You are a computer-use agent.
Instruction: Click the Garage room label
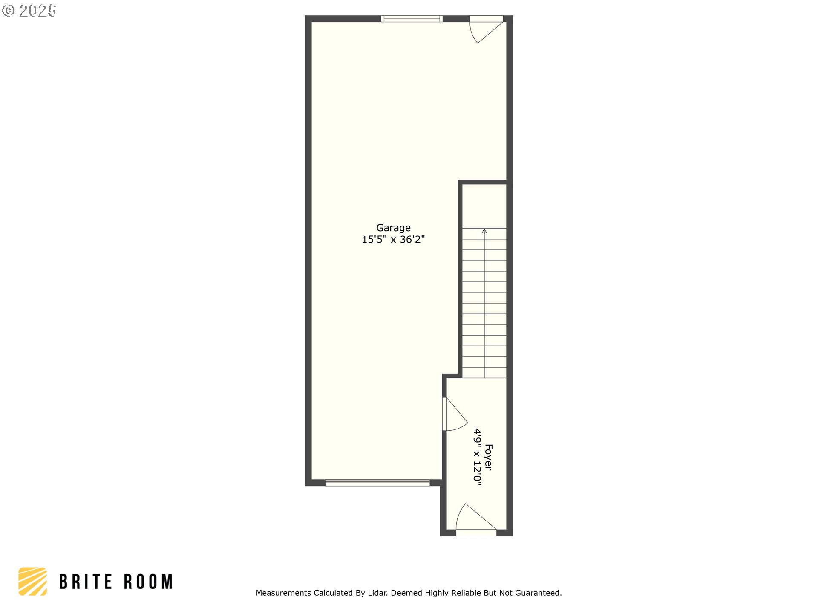click(393, 228)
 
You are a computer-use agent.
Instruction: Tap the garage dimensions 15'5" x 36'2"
click(393, 240)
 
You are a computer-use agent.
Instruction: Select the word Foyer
click(489, 458)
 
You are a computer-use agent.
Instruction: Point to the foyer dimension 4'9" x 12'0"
click(478, 458)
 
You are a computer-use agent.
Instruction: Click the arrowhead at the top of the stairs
click(484, 231)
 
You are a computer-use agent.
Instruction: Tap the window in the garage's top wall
click(412, 19)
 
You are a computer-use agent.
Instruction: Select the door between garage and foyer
click(455, 414)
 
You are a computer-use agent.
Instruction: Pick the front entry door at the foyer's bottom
click(476, 520)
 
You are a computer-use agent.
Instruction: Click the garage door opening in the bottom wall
click(378, 483)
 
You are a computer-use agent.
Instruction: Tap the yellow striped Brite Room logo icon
click(33, 581)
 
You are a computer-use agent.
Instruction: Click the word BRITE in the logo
click(85, 582)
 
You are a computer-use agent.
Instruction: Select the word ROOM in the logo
click(148, 582)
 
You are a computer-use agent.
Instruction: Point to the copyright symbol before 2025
click(9, 11)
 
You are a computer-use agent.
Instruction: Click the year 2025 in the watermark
click(37, 11)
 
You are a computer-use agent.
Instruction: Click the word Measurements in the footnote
click(284, 593)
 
